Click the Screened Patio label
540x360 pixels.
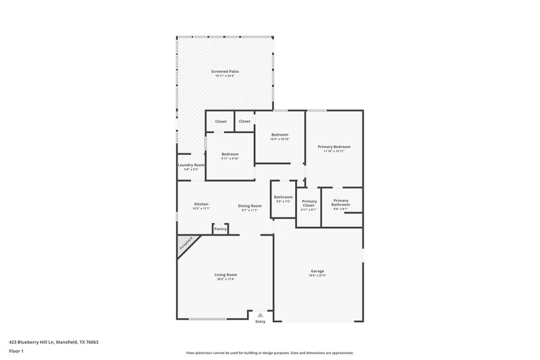tap(225, 71)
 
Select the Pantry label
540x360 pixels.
tap(220, 229)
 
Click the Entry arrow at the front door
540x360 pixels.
tap(260, 315)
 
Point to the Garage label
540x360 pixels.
tap(317, 271)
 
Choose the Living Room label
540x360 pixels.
tap(225, 274)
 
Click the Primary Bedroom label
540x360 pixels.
tap(334, 147)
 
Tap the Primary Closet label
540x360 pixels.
tap(309, 203)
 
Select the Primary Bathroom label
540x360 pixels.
tap(341, 202)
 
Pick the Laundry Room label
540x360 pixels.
tap(191, 165)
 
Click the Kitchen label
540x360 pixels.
tap(201, 204)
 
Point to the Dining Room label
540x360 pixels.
tap(250, 205)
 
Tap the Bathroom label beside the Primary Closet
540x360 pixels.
tap(283, 197)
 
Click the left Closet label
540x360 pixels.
tap(221, 122)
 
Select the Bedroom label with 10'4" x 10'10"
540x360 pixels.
tap(280, 134)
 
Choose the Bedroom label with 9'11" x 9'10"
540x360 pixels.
tap(230, 154)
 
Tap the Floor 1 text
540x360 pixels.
tap(16, 351)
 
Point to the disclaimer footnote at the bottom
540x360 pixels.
tap(269, 353)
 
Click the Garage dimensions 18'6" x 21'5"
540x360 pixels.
tap(317, 276)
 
